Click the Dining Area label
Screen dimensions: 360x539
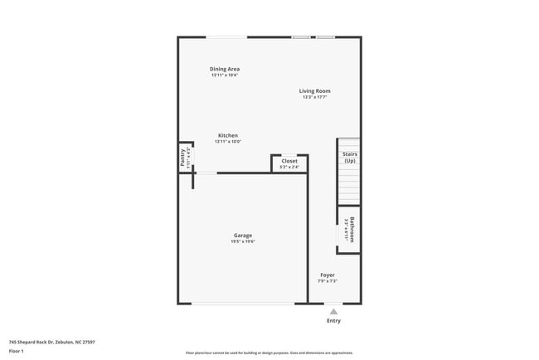pyautogui.click(x=224, y=69)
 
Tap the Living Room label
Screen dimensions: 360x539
pyautogui.click(x=315, y=91)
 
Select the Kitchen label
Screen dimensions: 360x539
pyautogui.click(x=227, y=135)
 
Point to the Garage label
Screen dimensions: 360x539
pyautogui.click(x=242, y=235)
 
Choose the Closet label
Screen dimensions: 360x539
pyautogui.click(x=289, y=161)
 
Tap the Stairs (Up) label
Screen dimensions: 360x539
pyautogui.click(x=349, y=157)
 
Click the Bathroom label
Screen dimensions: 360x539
pyautogui.click(x=352, y=228)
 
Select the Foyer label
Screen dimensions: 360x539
pyautogui.click(x=328, y=275)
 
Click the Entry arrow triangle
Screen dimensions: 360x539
pyautogui.click(x=333, y=311)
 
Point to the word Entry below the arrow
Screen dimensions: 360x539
pyautogui.click(x=333, y=320)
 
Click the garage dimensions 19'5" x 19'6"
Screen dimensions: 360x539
pyautogui.click(x=242, y=241)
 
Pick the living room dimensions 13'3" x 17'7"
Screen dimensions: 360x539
pyautogui.click(x=315, y=97)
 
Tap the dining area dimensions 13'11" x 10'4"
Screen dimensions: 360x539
pyautogui.click(x=224, y=75)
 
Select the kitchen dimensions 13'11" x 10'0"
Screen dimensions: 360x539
pyautogui.click(x=227, y=142)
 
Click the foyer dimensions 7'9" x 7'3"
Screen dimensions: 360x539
pyautogui.click(x=328, y=281)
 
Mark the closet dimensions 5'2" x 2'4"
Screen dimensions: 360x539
pyautogui.click(x=289, y=167)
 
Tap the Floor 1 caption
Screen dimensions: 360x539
pyautogui.click(x=17, y=351)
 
